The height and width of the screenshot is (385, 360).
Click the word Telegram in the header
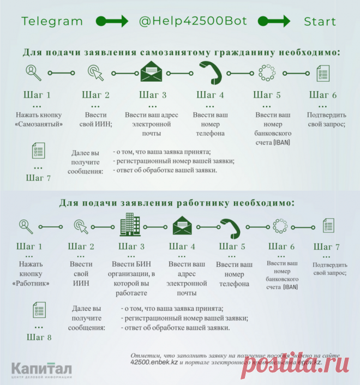[x=52, y=22]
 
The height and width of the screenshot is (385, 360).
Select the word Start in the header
[x=320, y=22]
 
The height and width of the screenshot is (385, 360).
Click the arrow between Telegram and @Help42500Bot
[x=112, y=22]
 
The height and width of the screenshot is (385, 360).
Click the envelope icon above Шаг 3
[x=153, y=73]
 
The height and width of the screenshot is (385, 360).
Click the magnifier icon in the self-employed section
[x=34, y=73]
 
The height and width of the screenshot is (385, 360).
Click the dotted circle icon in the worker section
[x=280, y=225]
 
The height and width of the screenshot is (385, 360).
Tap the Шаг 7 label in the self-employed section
[x=38, y=178]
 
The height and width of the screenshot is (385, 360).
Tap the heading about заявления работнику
[x=177, y=203]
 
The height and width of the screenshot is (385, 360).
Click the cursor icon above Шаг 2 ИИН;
[x=95, y=73]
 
